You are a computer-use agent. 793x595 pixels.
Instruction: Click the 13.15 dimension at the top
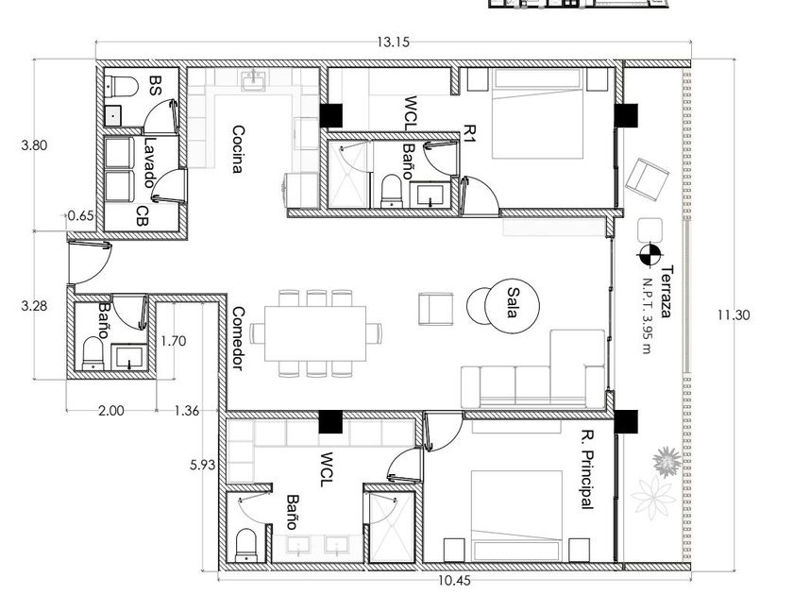click(393, 42)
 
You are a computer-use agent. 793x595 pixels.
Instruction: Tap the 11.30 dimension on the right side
click(734, 315)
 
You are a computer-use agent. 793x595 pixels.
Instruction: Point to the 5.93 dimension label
click(203, 465)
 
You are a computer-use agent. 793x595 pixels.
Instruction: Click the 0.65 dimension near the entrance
click(81, 216)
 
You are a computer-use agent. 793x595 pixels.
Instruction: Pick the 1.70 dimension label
click(174, 341)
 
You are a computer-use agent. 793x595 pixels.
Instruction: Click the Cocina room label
click(238, 149)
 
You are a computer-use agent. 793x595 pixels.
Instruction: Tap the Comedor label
click(238, 338)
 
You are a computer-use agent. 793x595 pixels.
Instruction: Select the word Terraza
click(667, 292)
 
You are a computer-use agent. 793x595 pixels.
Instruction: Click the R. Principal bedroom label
click(587, 469)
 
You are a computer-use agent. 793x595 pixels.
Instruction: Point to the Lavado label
click(149, 162)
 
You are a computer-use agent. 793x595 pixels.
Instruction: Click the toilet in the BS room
click(122, 87)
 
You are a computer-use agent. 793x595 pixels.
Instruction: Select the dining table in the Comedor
click(315, 333)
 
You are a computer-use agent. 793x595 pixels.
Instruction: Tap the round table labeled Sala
click(512, 306)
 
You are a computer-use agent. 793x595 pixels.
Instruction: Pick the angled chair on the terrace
click(648, 179)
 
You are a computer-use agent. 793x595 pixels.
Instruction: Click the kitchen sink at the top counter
click(253, 81)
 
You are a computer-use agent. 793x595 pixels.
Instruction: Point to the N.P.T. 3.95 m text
click(648, 315)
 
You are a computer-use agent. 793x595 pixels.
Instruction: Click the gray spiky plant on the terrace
click(666, 462)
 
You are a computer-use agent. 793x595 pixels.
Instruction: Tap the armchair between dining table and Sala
click(436, 309)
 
